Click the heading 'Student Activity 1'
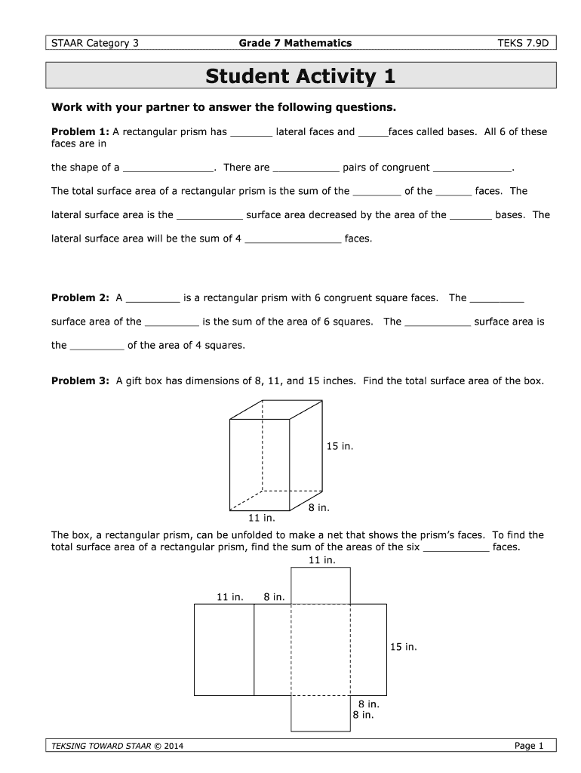[300, 77]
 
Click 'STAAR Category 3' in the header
[94, 43]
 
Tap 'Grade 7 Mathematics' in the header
[295, 43]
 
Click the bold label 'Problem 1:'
[80, 132]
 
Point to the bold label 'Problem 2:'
[80, 297]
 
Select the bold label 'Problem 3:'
[80, 381]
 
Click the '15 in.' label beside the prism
[340, 447]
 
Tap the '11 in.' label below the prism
[262, 519]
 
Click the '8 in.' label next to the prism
[319, 508]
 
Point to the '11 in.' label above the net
[322, 560]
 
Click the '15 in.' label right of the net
[403, 647]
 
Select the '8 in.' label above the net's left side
[274, 597]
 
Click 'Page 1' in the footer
[529, 747]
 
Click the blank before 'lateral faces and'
[251, 133]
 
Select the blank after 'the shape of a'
[168, 168]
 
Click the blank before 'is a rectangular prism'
[153, 298]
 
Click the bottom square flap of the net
[321, 713]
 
